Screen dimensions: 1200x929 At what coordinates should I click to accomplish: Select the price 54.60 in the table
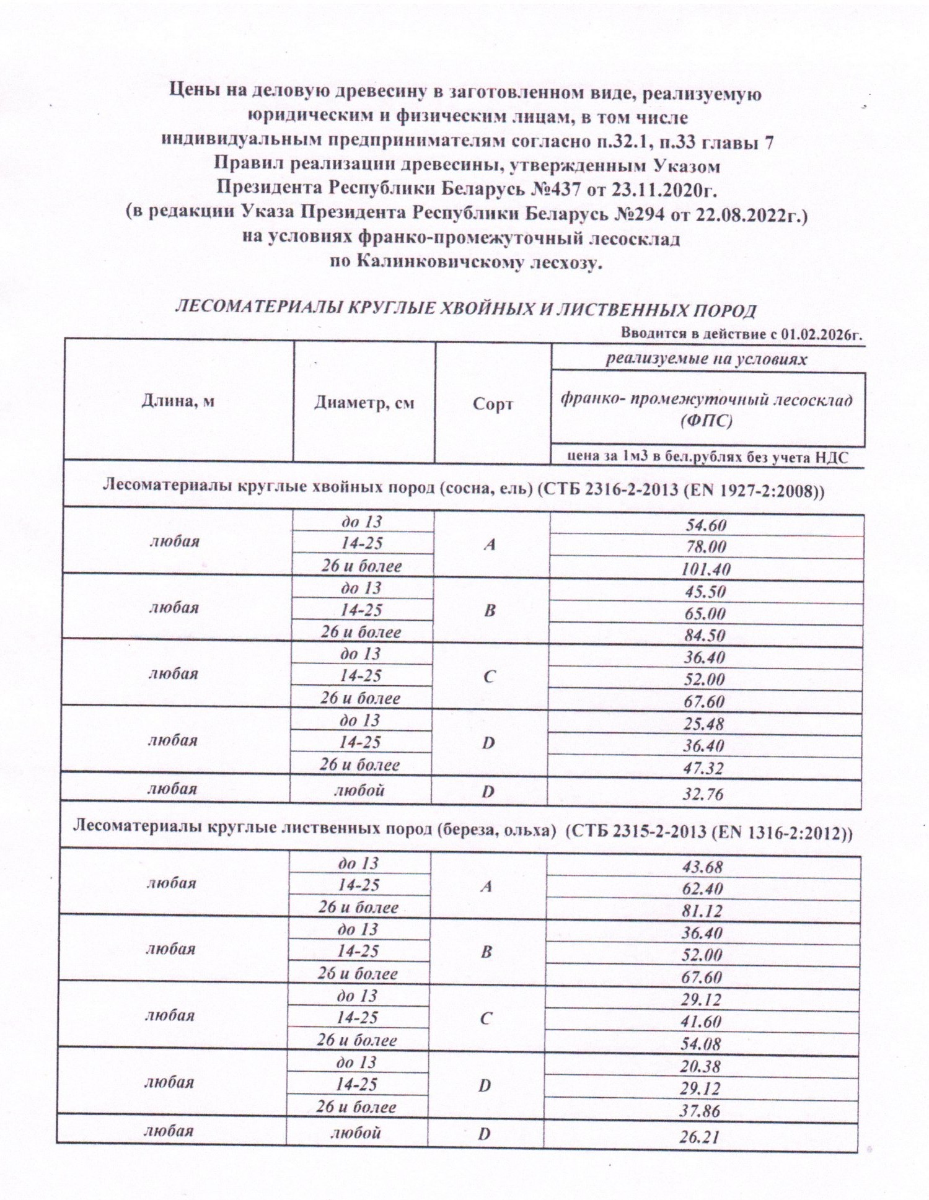[x=705, y=525]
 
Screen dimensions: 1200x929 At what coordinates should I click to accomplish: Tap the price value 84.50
[x=705, y=636]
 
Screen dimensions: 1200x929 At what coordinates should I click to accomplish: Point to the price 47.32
[x=703, y=768]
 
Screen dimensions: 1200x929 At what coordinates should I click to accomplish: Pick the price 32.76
[x=703, y=794]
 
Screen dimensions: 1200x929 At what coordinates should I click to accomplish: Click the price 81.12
[x=703, y=911]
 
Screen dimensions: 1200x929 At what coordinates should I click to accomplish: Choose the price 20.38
[x=701, y=1066]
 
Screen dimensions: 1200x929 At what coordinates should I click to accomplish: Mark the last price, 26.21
[x=700, y=1137]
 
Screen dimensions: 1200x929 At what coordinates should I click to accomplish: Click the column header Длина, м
[x=178, y=401]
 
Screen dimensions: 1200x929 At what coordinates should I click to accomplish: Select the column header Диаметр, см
[x=364, y=403]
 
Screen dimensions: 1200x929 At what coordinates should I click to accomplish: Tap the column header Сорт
[x=493, y=405]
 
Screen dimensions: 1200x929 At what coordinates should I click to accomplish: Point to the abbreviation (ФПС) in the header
[x=706, y=422]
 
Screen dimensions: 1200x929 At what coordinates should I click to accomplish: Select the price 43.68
[x=703, y=867]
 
